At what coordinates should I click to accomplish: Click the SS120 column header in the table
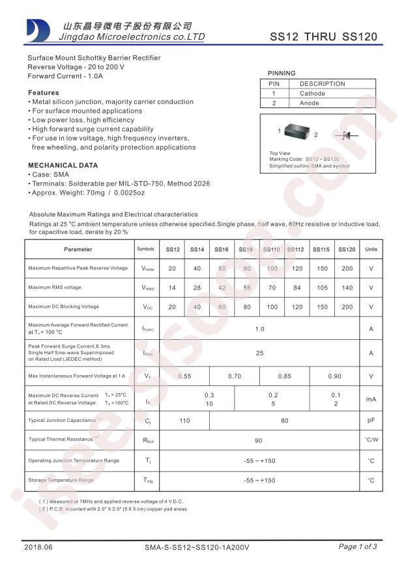pos(347,249)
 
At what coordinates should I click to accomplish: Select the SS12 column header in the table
pos(173,249)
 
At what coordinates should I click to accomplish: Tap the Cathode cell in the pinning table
pos(312,93)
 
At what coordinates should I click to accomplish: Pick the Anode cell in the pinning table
pos(310,103)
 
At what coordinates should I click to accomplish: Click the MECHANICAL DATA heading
pos(63,165)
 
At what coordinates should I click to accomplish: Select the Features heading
pos(43,92)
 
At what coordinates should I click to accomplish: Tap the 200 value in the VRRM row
pos(347,269)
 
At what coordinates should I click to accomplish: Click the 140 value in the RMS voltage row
pos(347,288)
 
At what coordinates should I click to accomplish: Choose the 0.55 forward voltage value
pos(184,376)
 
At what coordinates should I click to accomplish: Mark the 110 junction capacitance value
pos(184,421)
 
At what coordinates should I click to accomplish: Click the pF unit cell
pos(371,421)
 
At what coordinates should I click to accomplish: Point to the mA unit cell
pos(371,399)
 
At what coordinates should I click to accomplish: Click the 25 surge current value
pos(259,353)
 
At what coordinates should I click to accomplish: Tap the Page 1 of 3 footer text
pos(357,546)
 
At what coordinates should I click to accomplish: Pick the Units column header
pos(371,249)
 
